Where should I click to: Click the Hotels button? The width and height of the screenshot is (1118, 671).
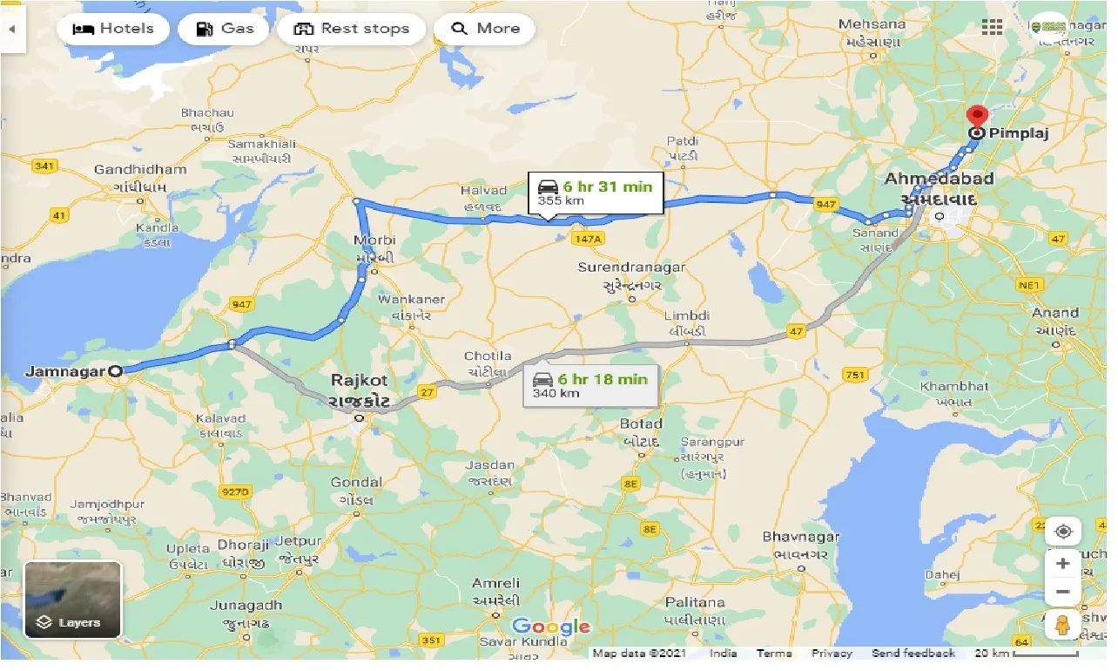(x=111, y=29)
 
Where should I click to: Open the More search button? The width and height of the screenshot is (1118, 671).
(x=484, y=29)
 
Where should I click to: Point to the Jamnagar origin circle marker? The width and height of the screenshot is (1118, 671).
(x=116, y=371)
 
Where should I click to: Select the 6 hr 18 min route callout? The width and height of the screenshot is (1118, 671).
(x=591, y=384)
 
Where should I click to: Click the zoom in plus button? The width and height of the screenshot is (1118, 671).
(x=1062, y=564)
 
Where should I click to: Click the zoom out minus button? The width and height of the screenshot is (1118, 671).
(x=1062, y=593)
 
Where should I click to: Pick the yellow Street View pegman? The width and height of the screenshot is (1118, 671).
(x=1062, y=625)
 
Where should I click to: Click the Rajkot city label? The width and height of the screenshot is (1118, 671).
(x=359, y=382)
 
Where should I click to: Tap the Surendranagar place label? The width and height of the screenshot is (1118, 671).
(x=632, y=268)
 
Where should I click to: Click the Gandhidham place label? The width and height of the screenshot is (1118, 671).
(x=140, y=170)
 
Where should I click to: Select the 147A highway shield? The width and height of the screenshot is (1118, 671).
(x=588, y=238)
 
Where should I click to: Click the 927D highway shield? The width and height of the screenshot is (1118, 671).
(x=234, y=492)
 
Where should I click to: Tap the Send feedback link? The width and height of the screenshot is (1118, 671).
(x=913, y=654)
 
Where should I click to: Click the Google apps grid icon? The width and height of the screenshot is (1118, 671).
(x=992, y=27)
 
